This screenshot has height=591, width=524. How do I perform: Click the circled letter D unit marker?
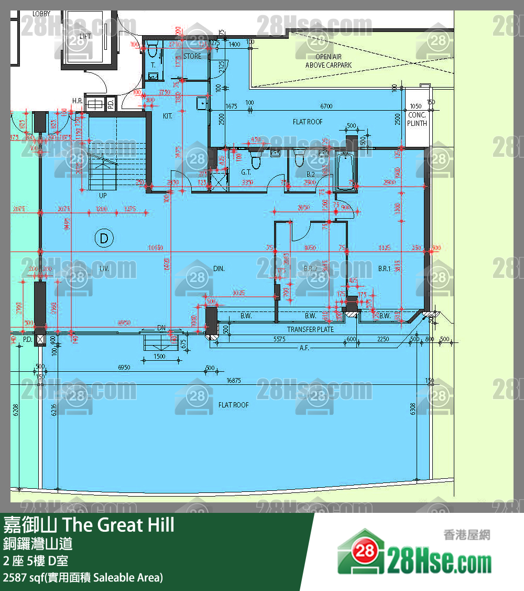click(104, 239)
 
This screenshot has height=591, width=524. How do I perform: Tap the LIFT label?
click(85, 36)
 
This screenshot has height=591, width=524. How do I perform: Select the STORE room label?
click(192, 56)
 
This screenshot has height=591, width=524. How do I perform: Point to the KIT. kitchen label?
click(168, 115)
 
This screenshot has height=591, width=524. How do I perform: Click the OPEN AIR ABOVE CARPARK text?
click(329, 61)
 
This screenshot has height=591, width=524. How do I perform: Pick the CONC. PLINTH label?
click(417, 119)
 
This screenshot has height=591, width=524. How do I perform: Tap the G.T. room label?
click(246, 172)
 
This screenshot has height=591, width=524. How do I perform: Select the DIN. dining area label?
click(219, 268)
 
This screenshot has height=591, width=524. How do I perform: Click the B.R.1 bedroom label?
click(385, 268)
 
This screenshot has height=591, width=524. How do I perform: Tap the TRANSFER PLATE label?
click(310, 329)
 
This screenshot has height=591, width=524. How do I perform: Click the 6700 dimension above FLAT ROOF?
click(326, 106)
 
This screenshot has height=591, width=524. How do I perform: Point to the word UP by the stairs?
click(103, 195)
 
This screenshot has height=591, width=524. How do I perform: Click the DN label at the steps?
click(161, 328)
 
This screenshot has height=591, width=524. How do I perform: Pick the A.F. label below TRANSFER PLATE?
click(304, 348)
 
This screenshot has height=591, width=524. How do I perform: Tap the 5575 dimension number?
click(279, 339)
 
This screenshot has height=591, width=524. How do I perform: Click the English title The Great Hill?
click(119, 524)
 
